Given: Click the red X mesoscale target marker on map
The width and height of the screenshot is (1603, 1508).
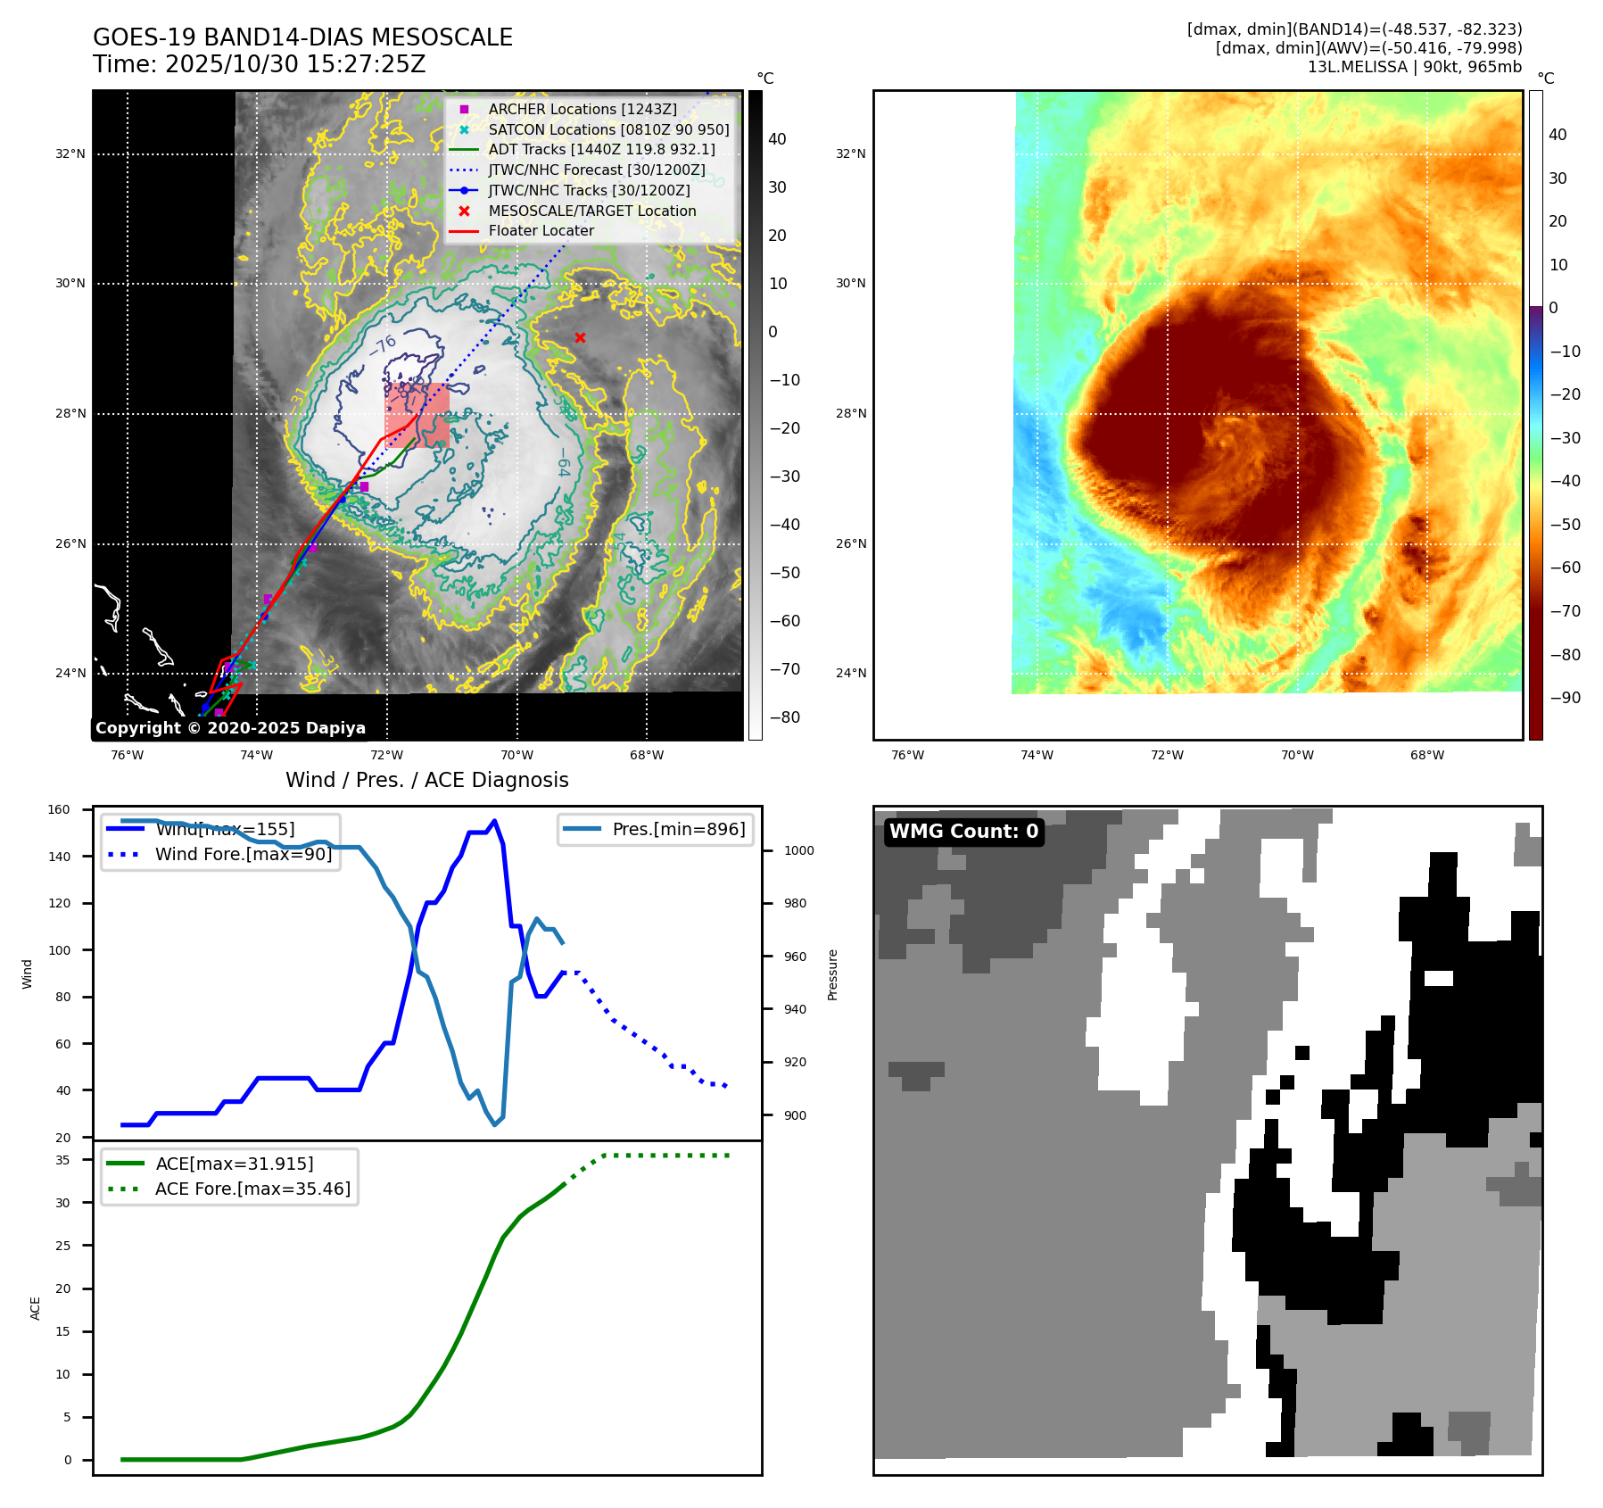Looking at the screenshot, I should click(580, 337).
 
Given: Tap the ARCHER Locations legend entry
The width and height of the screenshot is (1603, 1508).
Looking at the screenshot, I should click(582, 109).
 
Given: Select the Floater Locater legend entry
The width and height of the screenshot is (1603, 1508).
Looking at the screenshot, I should click(541, 230).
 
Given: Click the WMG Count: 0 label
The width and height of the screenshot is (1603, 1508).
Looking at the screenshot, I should click(963, 832).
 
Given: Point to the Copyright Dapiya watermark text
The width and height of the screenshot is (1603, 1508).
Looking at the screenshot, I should click(230, 728).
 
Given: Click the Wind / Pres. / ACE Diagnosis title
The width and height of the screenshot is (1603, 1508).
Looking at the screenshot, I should click(426, 780).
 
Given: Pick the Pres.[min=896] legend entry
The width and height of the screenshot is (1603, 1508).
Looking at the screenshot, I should click(678, 829).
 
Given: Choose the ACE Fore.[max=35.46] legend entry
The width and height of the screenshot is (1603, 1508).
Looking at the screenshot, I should click(252, 1189).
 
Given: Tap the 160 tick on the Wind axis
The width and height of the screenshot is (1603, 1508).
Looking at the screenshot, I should click(59, 810).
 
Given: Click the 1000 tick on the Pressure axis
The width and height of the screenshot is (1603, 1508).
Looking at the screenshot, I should click(798, 850).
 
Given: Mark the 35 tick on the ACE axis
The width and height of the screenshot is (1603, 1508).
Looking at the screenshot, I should click(62, 1160).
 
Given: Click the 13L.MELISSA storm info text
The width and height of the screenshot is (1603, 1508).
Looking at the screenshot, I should click(1414, 67).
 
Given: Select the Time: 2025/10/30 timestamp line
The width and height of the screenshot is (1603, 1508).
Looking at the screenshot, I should click(259, 64).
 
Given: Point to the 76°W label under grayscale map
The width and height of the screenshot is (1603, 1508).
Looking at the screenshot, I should click(127, 755).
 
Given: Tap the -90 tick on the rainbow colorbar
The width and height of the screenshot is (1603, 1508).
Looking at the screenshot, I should click(1565, 698).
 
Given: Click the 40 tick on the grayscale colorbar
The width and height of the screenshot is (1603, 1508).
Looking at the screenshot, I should click(777, 139).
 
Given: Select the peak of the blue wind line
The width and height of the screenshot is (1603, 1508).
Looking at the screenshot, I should click(495, 821).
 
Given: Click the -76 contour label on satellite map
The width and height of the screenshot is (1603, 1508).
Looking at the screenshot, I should click(384, 344).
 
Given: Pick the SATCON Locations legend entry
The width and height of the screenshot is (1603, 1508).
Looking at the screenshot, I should click(608, 129).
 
